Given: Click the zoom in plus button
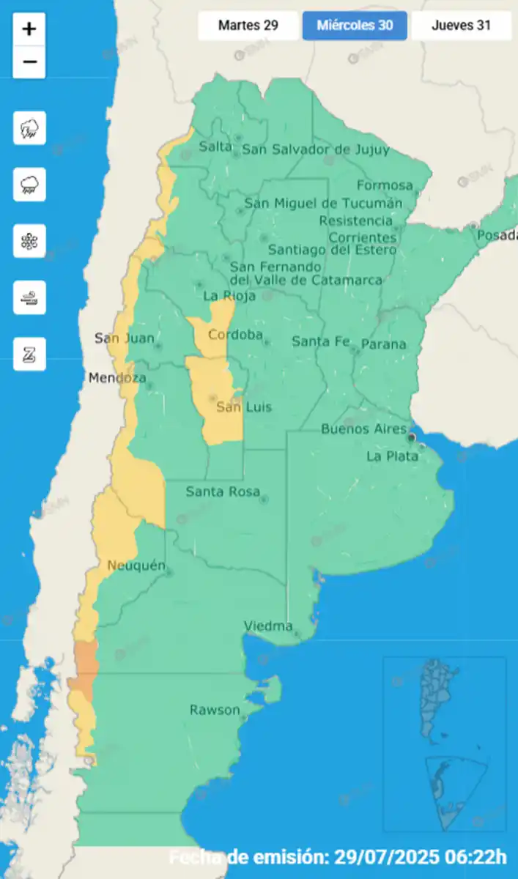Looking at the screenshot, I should coord(29,29).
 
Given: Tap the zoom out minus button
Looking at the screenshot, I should coord(29,62).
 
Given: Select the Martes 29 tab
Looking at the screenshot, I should coord(248,26).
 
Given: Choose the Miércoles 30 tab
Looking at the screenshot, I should coord(355,26).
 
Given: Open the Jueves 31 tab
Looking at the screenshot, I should coord(461,26).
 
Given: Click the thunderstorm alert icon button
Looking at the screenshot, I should coord(29,128).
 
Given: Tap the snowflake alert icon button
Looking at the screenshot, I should coord(29,241).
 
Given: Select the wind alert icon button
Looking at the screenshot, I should coord(29,297).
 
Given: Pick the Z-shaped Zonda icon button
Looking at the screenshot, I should coord(29,354).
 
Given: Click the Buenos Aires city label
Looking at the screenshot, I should coord(363,429).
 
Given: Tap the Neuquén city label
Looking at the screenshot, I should coord(136,565).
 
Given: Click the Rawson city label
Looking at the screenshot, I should coord(214,709).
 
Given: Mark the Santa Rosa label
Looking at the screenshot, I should coord(222,491).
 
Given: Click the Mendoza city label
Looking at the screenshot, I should coord(117,378).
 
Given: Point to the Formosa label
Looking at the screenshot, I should coord(385,185).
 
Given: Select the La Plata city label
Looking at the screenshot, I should coord(392,456).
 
